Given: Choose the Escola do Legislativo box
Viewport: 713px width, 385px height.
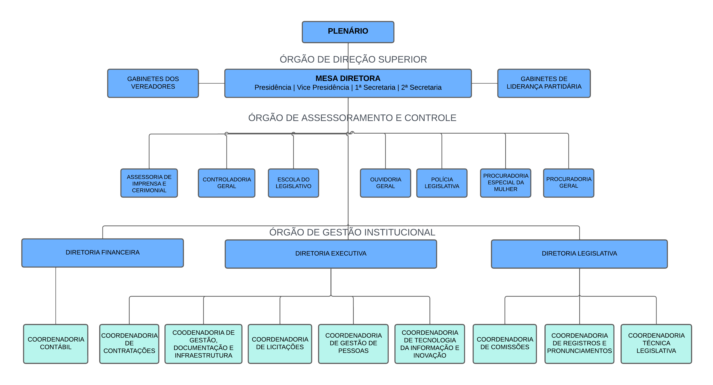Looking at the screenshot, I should [293, 183].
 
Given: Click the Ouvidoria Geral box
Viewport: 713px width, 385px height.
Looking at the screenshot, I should [385, 183].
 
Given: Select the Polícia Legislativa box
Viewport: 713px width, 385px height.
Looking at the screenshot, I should [442, 183].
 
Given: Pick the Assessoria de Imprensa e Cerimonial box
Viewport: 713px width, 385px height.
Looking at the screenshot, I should [149, 183].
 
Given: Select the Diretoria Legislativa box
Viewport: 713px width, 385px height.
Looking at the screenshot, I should [579, 253].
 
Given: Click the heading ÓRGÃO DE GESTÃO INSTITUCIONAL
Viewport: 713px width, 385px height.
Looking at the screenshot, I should [352, 232].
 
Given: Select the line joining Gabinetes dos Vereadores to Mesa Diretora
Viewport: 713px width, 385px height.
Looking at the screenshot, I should [212, 83].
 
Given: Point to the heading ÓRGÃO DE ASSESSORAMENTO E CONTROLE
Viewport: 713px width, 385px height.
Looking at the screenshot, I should [352, 118].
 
